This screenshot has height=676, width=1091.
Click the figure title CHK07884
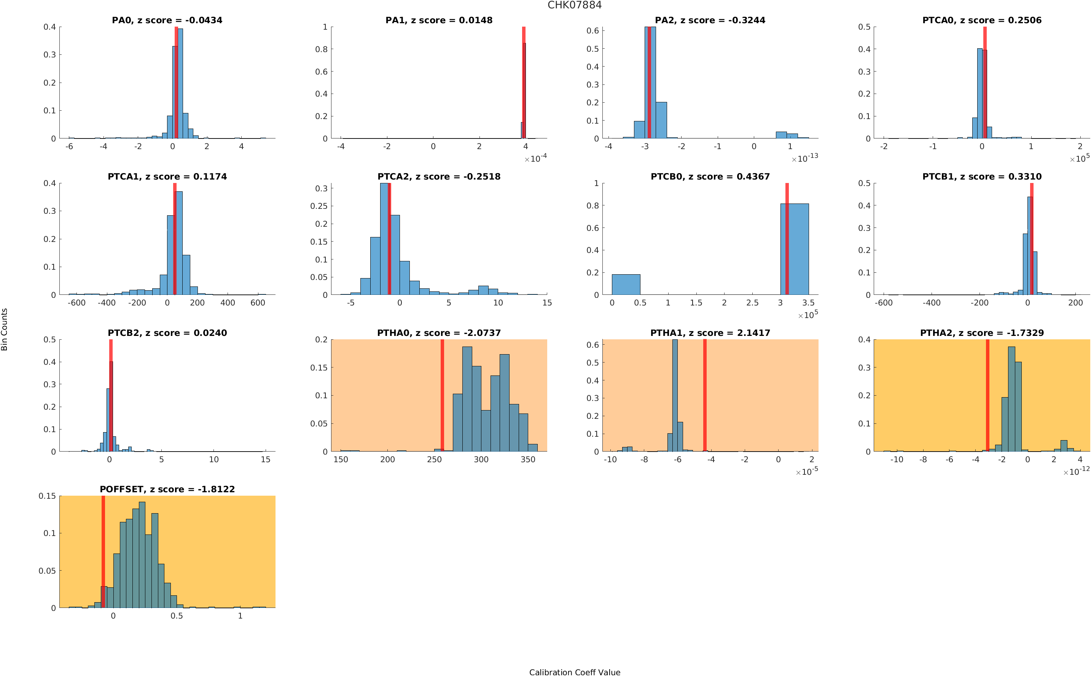point(575,5)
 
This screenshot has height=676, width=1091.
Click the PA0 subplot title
point(167,20)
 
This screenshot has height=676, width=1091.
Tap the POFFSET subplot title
point(167,489)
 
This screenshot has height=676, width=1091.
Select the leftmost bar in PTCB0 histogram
point(626,284)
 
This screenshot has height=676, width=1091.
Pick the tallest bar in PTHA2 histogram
point(1011,398)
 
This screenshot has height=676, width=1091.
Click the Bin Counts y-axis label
point(5,329)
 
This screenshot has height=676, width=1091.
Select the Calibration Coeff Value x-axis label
point(575,672)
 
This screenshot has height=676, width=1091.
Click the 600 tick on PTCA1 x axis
point(258,303)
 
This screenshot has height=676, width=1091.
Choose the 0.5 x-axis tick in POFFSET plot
point(177,616)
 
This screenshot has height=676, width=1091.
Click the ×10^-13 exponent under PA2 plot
point(805,158)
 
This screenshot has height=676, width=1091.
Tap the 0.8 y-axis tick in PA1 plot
point(322,49)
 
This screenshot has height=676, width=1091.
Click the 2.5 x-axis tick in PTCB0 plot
point(752,303)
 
